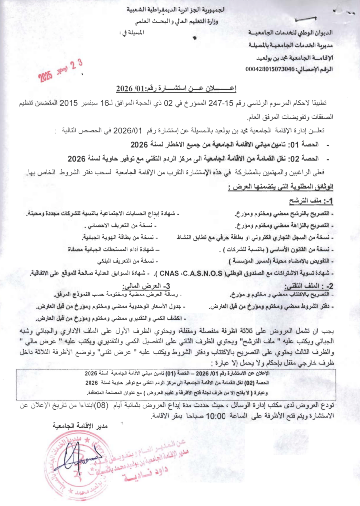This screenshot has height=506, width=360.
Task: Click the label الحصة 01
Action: pyautogui.click(x=307, y=146)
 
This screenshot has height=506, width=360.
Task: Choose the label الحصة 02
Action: pyautogui.click(x=307, y=159)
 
